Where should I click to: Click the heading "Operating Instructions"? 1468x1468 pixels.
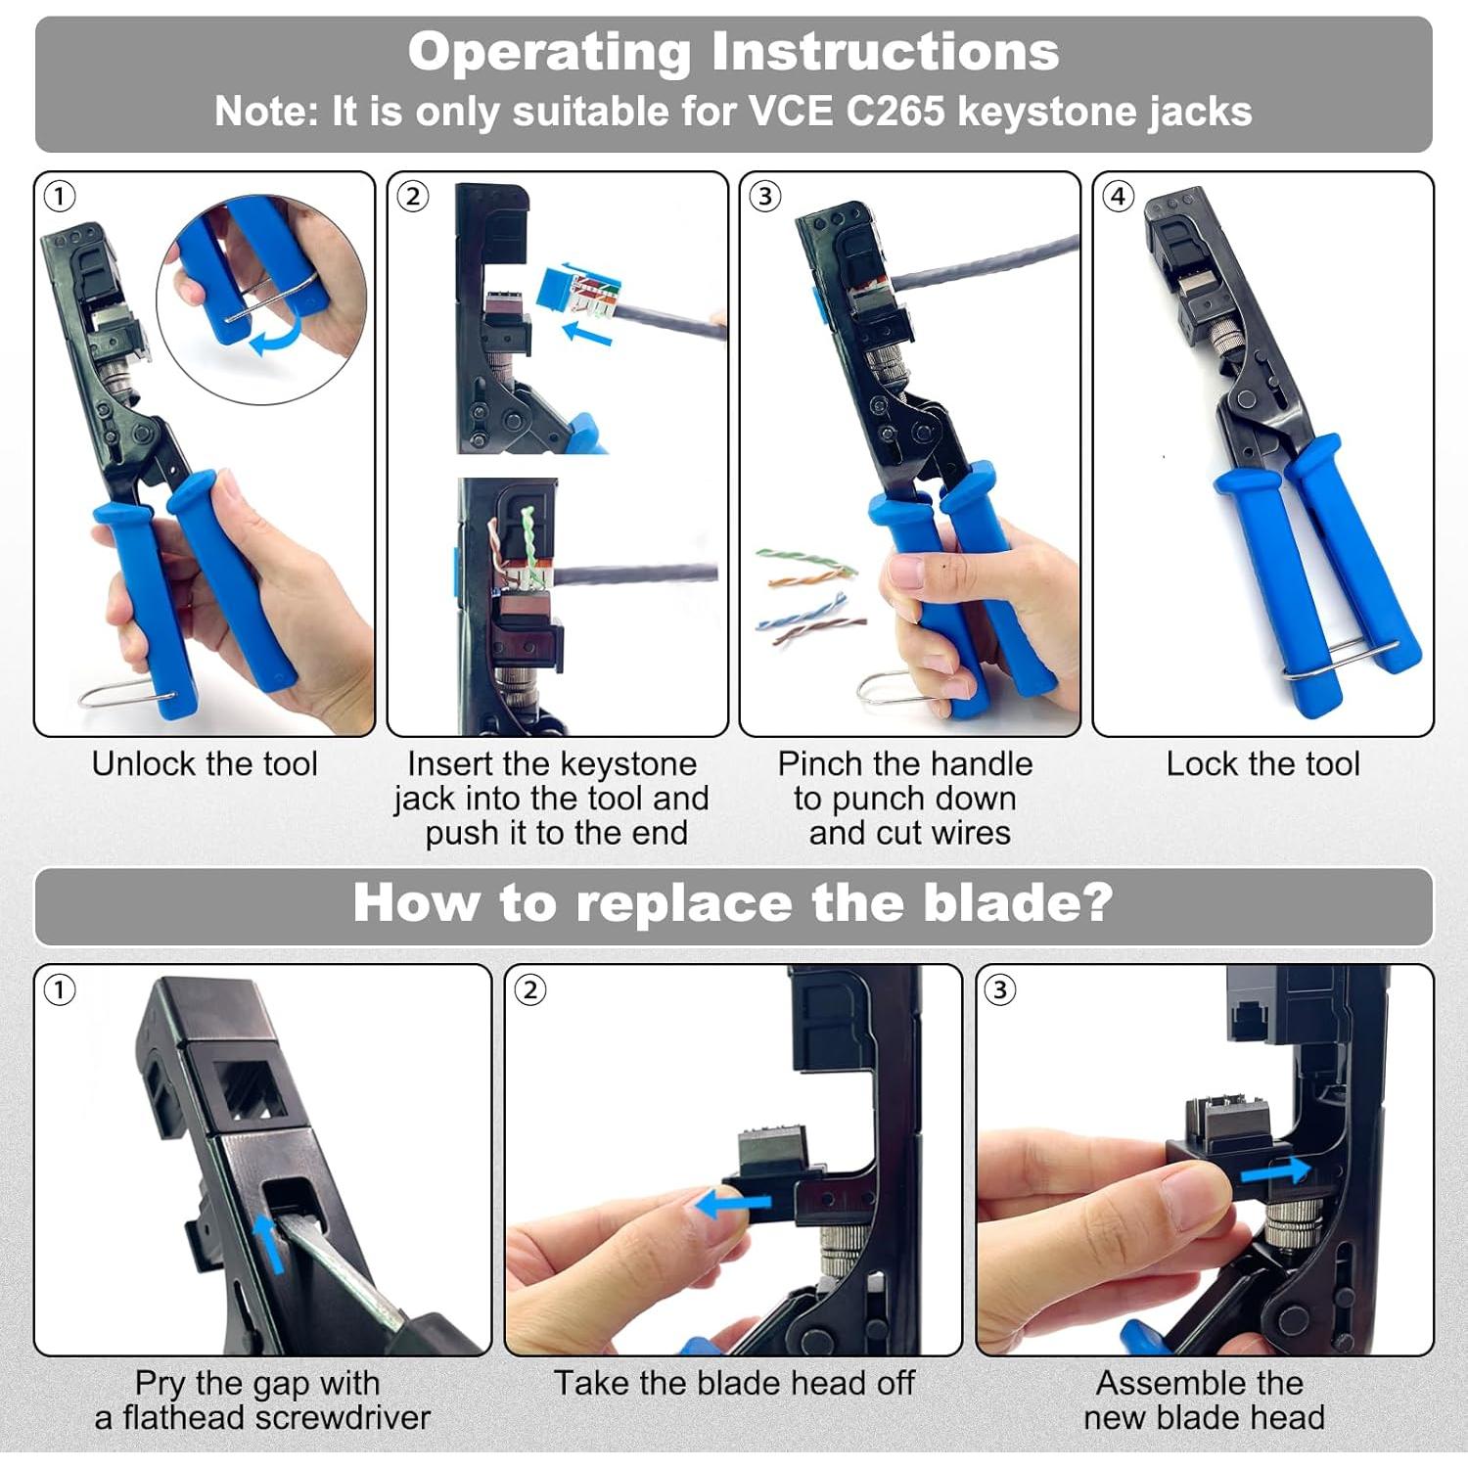tap(734, 52)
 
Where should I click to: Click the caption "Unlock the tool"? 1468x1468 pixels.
tap(205, 763)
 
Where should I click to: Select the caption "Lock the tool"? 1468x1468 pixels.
tap(1262, 763)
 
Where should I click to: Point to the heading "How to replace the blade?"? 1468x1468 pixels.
tap(733, 902)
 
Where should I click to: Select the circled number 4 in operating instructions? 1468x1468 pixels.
tap(1118, 197)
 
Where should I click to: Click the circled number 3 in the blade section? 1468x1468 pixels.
tap(999, 990)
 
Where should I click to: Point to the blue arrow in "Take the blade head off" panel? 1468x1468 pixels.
tap(733, 1205)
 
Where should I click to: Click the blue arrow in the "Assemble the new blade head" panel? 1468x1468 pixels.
tap(1275, 1170)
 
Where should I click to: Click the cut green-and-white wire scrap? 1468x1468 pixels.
tap(804, 561)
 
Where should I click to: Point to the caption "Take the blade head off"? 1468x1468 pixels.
tap(734, 1383)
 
